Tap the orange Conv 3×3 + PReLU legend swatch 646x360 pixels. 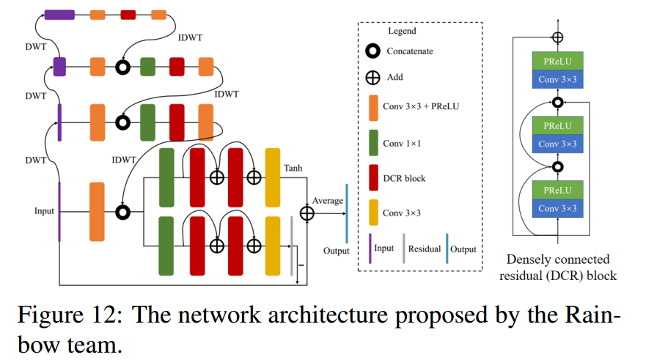(372, 108)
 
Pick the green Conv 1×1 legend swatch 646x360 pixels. (372, 143)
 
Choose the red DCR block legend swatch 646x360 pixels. (372, 178)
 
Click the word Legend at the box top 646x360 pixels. (401, 31)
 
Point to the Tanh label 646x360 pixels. (293, 169)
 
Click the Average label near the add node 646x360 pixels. (328, 200)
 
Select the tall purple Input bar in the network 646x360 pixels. (59, 211)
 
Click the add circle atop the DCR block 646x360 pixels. (558, 37)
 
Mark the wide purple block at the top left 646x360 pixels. (59, 14)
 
